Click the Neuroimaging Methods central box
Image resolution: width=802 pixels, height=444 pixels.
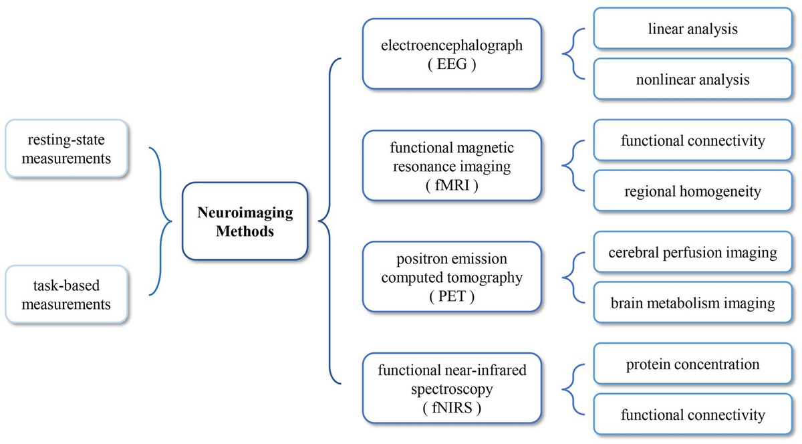click(245, 222)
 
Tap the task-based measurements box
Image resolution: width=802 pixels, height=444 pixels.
click(66, 295)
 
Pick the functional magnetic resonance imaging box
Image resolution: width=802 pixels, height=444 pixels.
click(451, 166)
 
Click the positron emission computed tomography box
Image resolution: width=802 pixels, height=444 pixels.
click(451, 277)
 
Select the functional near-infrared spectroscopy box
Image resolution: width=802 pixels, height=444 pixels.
click(451, 388)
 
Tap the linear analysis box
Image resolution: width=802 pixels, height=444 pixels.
click(692, 29)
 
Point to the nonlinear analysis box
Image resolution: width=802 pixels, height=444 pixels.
click(692, 80)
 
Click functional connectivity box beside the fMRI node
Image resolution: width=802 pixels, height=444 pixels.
click(692, 141)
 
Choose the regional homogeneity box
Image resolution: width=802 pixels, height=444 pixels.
click(692, 192)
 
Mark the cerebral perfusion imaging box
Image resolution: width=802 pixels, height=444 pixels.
click(692, 252)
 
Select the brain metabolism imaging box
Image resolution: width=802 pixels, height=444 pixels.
click(692, 303)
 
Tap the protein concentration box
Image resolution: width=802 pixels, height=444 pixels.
click(692, 364)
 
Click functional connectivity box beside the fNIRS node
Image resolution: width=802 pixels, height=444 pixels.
click(692, 415)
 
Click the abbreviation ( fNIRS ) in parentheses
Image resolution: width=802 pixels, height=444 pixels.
click(451, 407)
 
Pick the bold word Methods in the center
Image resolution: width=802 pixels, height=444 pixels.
click(245, 231)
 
